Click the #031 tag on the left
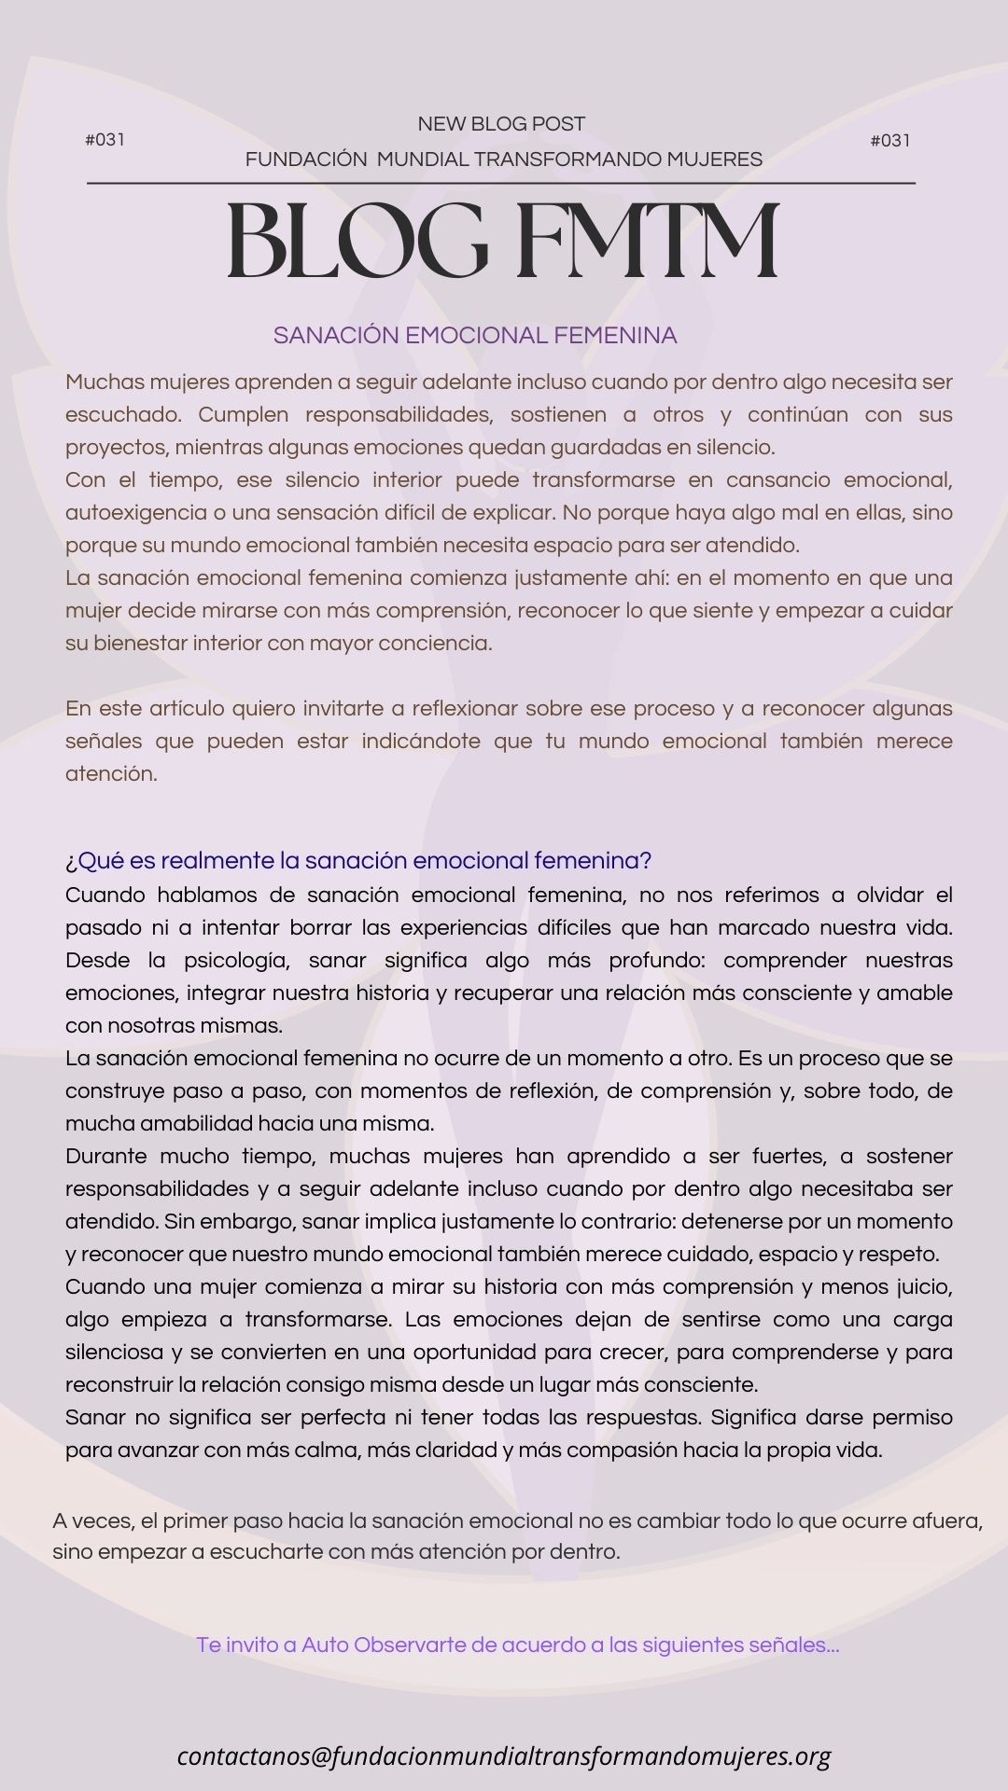click(x=105, y=140)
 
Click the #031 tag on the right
click(x=889, y=141)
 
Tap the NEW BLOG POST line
click(x=501, y=124)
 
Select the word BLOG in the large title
click(x=357, y=242)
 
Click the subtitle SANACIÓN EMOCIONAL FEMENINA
click(x=475, y=336)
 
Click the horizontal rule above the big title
click(x=501, y=184)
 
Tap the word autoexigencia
click(x=136, y=512)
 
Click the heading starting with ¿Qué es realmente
click(x=358, y=860)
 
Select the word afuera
click(x=949, y=1520)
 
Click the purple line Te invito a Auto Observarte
click(x=518, y=1645)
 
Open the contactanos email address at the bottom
click(x=504, y=1756)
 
